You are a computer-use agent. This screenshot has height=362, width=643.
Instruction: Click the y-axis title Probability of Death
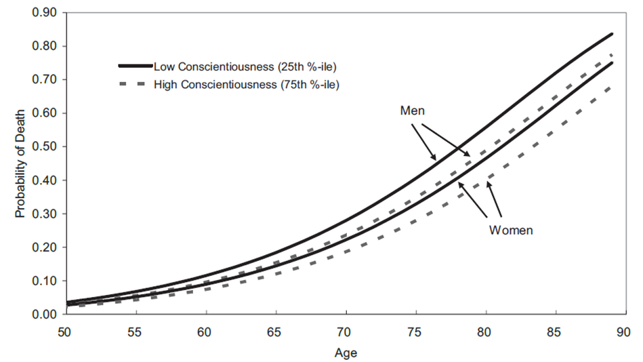click(20, 163)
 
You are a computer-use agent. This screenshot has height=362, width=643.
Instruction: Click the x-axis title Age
click(345, 353)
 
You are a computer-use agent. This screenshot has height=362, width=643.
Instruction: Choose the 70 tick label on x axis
click(345, 332)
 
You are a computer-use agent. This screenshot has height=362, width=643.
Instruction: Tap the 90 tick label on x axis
click(623, 332)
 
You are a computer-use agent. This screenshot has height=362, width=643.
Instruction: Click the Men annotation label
click(412, 110)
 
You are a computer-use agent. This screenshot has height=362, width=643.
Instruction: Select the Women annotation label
click(511, 230)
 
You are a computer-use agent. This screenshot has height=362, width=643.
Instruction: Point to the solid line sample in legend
click(135, 66)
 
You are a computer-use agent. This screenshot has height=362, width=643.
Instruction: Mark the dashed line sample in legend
click(135, 85)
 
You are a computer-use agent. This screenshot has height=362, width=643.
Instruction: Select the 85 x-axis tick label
click(554, 332)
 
